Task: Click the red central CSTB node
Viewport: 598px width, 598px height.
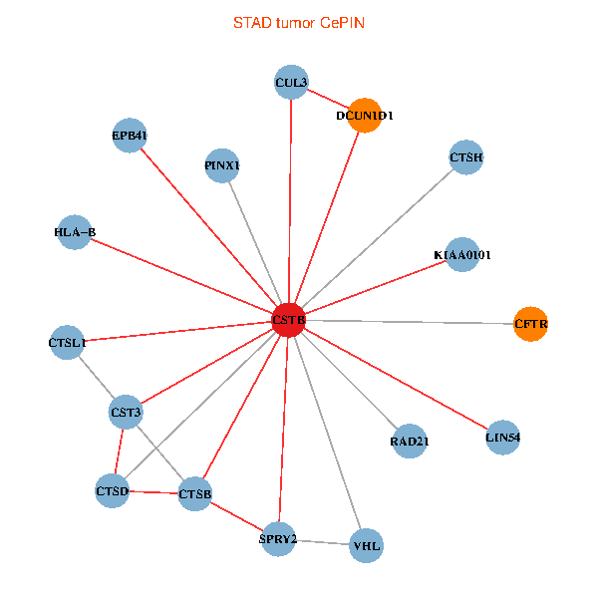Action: (288, 319)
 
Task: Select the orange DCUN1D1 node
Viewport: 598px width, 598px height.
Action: (365, 116)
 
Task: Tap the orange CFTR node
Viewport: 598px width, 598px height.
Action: (530, 324)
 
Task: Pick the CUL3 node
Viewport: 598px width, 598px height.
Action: (291, 82)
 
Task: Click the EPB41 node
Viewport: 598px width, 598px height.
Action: (130, 136)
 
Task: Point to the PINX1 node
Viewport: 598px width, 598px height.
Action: (221, 164)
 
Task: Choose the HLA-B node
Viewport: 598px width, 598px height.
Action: (75, 232)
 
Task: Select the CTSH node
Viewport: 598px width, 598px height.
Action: (466, 157)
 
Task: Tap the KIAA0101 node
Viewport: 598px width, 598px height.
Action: (462, 255)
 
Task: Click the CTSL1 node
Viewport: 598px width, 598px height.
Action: (67, 343)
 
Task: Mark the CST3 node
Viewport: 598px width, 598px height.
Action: (127, 412)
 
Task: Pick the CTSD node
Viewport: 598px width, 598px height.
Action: (113, 490)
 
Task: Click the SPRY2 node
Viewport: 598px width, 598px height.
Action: (278, 539)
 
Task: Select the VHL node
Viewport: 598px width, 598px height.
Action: (366, 545)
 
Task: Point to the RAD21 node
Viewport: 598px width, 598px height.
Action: (410, 442)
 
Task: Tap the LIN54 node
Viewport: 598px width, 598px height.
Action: (503, 437)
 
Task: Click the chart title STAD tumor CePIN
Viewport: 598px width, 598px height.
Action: (299, 22)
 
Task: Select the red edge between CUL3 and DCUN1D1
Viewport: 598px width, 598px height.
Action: (328, 99)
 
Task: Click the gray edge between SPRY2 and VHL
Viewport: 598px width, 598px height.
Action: (322, 542)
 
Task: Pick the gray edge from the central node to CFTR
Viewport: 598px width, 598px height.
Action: (409, 321)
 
